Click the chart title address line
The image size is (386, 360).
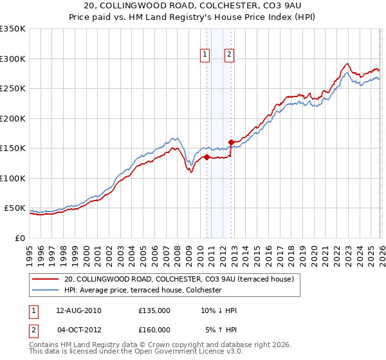(x=193, y=6)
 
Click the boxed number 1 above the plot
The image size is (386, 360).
(x=205, y=55)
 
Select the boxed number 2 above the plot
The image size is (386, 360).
(x=229, y=55)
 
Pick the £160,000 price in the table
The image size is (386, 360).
(x=154, y=329)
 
